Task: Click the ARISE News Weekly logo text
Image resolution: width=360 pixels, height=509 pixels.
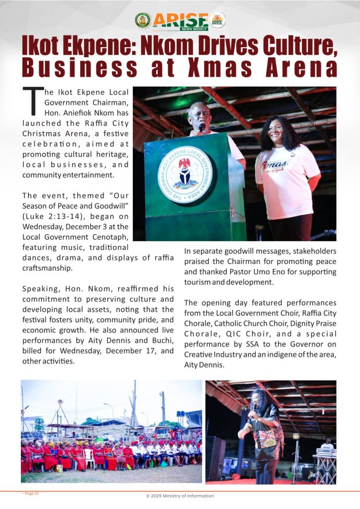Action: click(180, 21)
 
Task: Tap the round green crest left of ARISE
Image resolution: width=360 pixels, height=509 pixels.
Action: click(143, 20)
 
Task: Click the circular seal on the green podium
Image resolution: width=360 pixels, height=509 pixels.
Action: click(185, 174)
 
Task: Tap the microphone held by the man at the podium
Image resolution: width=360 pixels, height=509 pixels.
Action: click(202, 127)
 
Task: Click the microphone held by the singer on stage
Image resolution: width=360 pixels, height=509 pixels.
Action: click(255, 408)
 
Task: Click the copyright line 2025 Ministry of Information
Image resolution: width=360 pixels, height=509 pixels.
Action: click(180, 496)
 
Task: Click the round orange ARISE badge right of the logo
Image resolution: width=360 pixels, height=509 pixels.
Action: click(218, 20)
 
